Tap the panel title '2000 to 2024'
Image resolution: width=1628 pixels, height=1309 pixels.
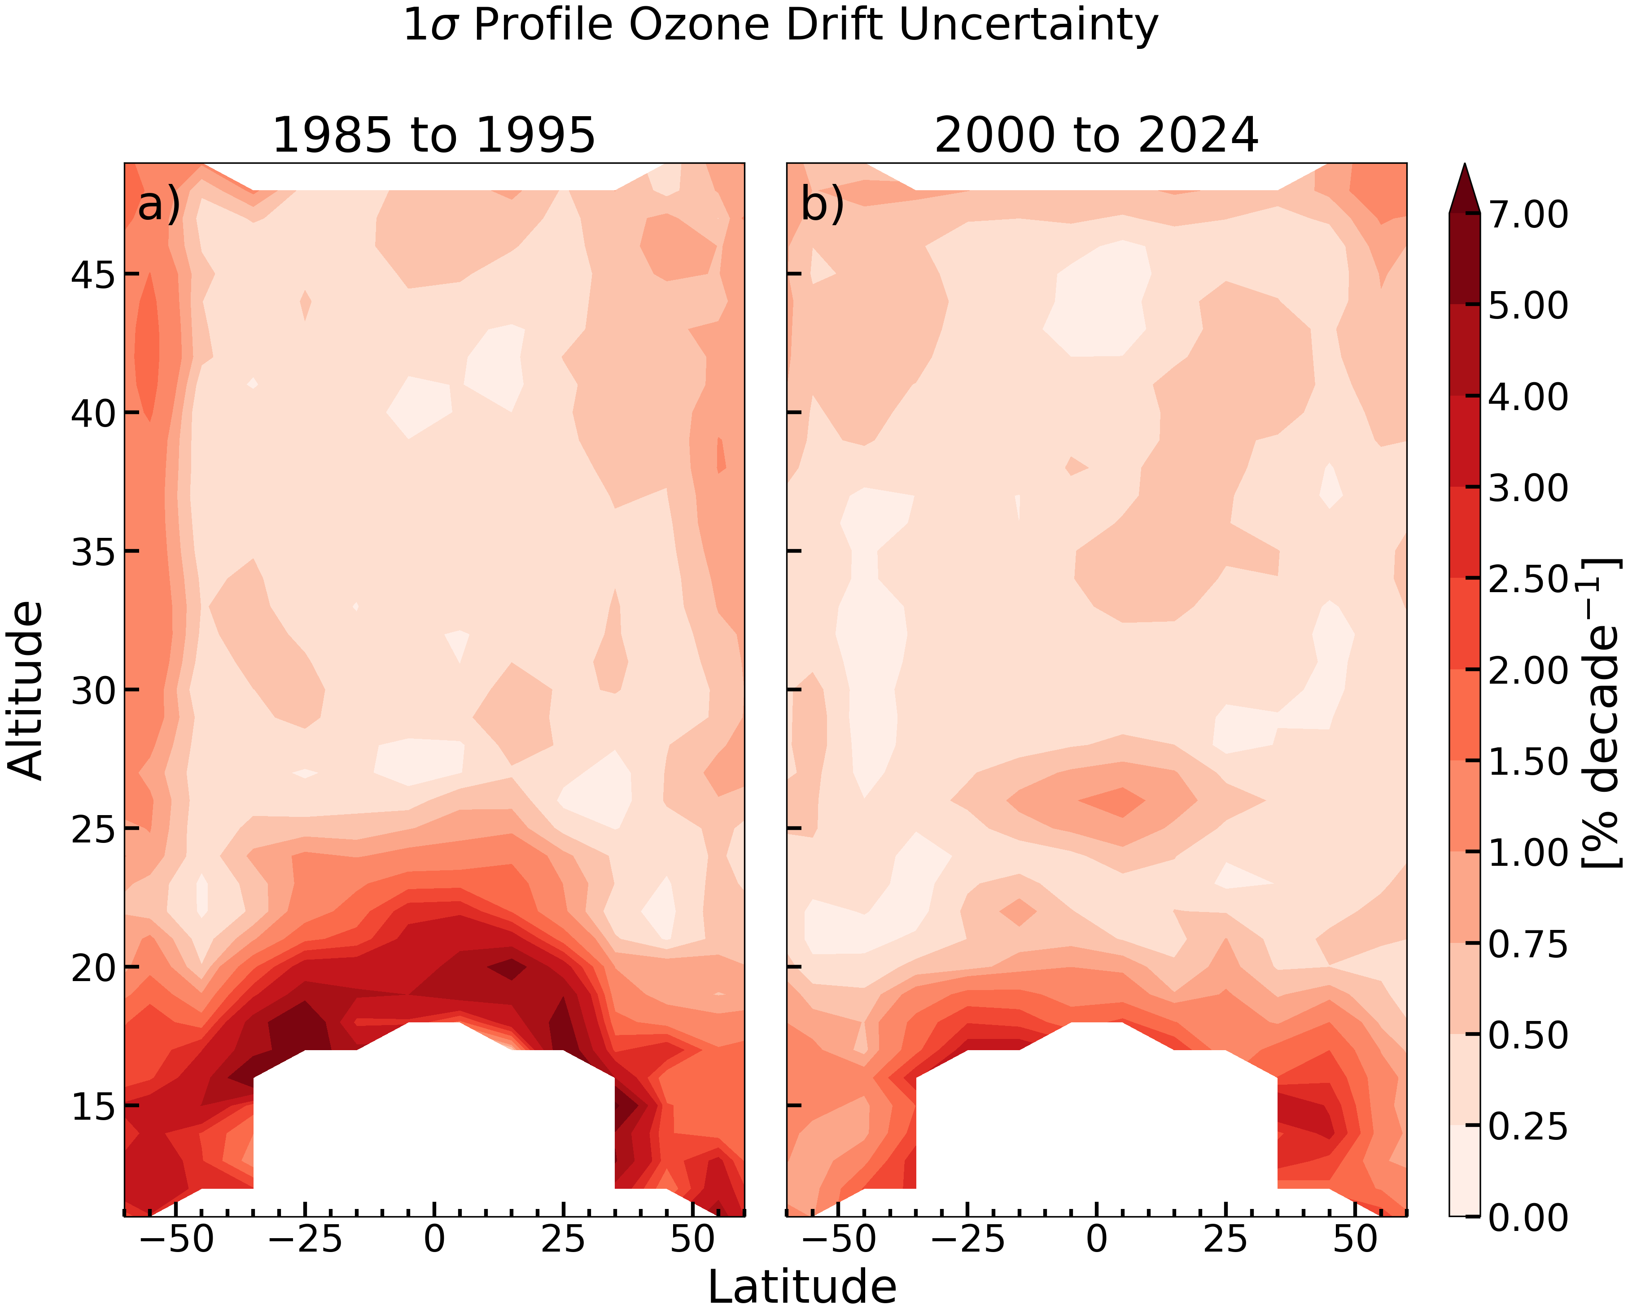tap(1096, 136)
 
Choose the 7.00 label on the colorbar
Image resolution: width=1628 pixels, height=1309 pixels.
tap(1528, 214)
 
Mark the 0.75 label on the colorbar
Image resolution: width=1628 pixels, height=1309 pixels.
tap(1528, 944)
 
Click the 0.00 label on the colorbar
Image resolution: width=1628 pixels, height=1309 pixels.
tap(1528, 1217)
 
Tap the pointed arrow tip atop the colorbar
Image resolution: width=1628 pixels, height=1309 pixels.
tap(1465, 164)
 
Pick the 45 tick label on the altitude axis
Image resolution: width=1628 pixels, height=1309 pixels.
tap(94, 275)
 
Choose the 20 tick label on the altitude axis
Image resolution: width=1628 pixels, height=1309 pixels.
tap(94, 968)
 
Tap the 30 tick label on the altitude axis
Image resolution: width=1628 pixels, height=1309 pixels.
tap(94, 691)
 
